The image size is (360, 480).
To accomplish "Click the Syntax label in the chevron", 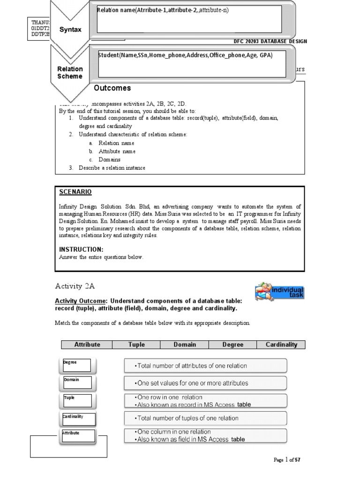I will point(70,30).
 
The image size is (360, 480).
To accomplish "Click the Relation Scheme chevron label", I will point(70,73).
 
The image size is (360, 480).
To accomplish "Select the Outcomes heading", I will point(112,88).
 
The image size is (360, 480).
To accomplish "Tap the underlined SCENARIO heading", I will point(75,192).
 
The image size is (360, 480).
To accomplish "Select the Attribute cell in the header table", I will point(87,345).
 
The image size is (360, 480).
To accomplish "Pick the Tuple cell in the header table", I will point(136,345).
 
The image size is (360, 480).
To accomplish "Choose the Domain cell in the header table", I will point(184,345).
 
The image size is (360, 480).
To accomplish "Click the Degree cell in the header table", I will point(232,345).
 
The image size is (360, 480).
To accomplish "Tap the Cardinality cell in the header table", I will point(281,345).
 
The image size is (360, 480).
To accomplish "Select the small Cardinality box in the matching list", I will point(79,418).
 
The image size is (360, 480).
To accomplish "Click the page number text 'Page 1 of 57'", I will point(286,460).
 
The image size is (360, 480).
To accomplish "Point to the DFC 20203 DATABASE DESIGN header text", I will point(270,41).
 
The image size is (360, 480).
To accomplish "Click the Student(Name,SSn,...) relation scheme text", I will point(185,55).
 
